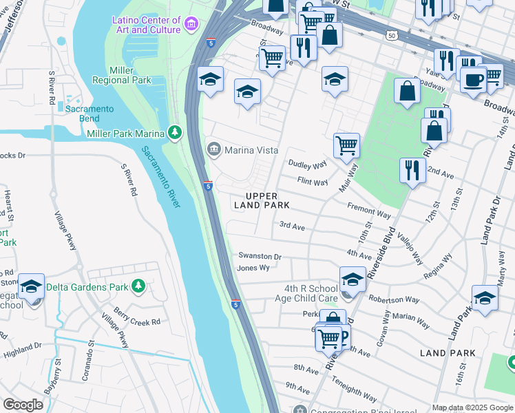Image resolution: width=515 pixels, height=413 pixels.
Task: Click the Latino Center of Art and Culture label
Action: pyautogui.click(x=147, y=25)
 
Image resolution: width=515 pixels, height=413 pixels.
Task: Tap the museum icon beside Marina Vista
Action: pyautogui.click(x=213, y=149)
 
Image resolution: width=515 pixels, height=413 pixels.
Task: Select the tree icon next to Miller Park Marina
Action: pyautogui.click(x=176, y=132)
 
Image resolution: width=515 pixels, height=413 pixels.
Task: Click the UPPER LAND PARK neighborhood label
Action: pyautogui.click(x=261, y=200)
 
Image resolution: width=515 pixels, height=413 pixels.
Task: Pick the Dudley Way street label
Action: pyautogui.click(x=307, y=165)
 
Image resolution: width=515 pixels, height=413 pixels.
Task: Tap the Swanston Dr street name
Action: pyautogui.click(x=260, y=256)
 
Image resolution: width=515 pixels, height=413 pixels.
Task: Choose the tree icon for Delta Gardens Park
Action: pyautogui.click(x=138, y=285)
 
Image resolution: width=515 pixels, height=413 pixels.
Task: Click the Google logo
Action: pyautogui.click(x=23, y=405)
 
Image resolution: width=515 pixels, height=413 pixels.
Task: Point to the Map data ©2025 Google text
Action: pyautogui.click(x=473, y=407)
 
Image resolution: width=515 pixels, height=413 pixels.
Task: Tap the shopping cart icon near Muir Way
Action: pyautogui.click(x=346, y=145)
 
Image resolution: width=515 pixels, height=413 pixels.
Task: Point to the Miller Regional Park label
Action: pyautogui.click(x=129, y=76)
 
